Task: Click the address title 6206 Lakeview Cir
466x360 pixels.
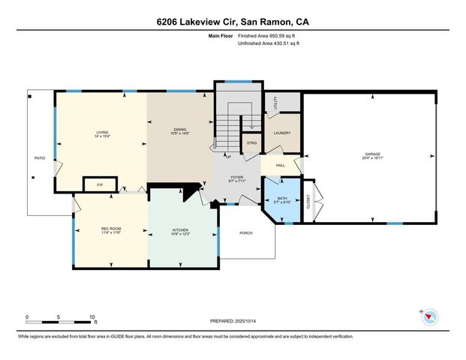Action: [x=233, y=22]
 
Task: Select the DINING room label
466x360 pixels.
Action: [x=180, y=130]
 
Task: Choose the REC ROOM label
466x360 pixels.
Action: [x=110, y=229]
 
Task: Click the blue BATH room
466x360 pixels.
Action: [x=281, y=200]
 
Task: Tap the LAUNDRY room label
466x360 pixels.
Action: [x=281, y=133]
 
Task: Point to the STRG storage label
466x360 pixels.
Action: [x=251, y=142]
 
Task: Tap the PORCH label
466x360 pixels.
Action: [x=246, y=233]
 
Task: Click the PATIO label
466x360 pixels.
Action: [x=40, y=158]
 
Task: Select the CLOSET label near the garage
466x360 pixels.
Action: [x=308, y=200]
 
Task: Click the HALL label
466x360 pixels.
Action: [x=280, y=165]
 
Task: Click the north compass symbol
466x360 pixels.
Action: [x=428, y=317]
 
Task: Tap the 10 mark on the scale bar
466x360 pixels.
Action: [x=92, y=316]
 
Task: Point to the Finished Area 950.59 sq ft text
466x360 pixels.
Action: [x=268, y=36]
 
